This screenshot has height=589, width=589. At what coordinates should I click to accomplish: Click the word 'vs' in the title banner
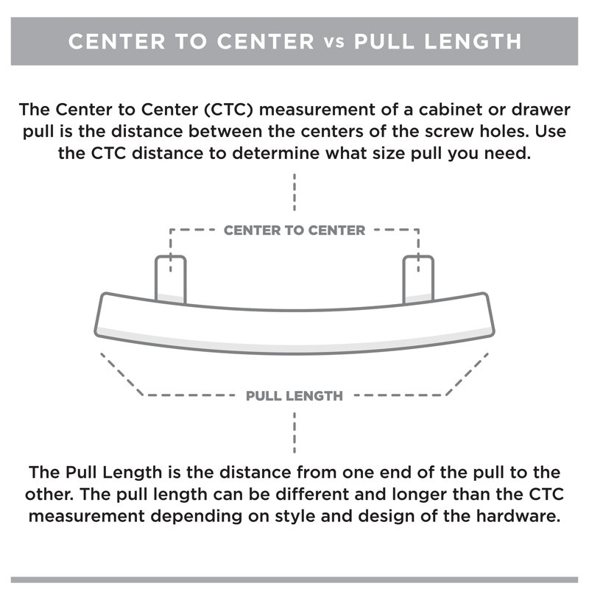pos(334,42)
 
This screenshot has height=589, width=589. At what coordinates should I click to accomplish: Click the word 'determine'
pos(275,153)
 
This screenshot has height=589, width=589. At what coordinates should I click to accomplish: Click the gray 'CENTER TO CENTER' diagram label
pos(294,230)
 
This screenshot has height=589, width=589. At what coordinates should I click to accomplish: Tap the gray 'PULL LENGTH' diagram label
pos(294,396)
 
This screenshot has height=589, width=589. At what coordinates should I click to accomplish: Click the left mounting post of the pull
pos(171,279)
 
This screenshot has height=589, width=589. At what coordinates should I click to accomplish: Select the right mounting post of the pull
pos(418,279)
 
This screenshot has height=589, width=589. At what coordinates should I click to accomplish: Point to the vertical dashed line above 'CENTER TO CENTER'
pos(294,192)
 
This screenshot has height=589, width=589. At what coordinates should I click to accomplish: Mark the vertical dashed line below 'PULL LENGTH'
pos(294,433)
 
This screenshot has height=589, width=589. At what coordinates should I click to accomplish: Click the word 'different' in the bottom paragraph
pos(312,494)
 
